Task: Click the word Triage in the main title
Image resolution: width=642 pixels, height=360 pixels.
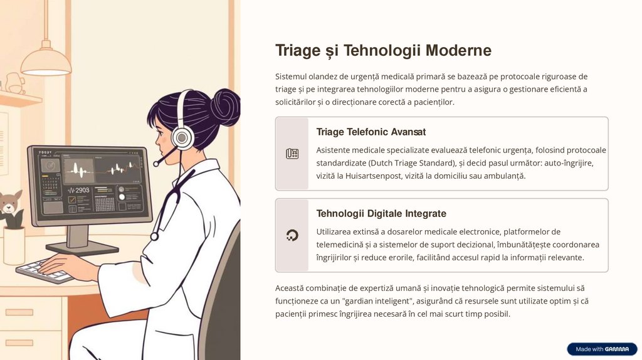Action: point(298,51)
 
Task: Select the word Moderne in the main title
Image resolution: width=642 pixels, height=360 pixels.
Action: point(458,50)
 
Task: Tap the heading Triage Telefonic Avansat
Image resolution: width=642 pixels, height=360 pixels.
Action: point(371,132)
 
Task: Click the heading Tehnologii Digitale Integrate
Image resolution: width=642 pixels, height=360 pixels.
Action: point(381,213)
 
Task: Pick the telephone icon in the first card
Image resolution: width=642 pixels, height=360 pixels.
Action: point(292,154)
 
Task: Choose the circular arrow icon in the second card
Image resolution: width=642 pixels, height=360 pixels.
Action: point(292,235)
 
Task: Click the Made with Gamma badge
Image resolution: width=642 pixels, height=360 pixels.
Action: point(602,349)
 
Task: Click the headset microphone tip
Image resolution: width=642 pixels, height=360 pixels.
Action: point(155,164)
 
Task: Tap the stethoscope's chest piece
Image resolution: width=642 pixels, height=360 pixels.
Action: point(154,236)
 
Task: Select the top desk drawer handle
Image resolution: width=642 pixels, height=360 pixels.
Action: point(19,312)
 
